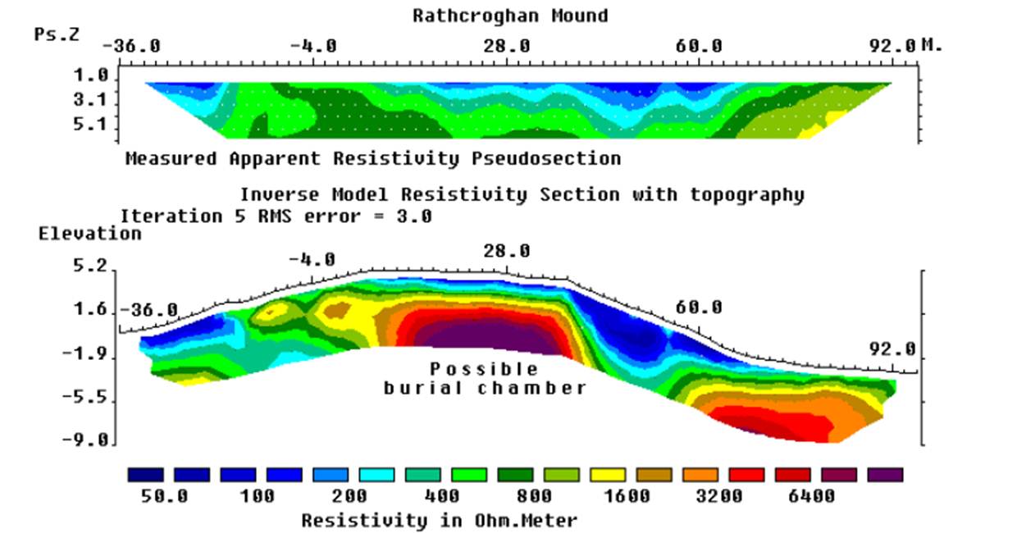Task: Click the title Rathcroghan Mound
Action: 510,16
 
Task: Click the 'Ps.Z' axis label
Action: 57,34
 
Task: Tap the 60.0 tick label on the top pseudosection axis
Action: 699,46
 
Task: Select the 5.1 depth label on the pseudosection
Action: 91,124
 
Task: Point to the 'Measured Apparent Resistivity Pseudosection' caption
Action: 373,158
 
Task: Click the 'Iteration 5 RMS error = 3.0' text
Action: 276,216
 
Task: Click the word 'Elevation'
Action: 90,234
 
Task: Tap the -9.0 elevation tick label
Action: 85,440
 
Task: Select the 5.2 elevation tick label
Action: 91,266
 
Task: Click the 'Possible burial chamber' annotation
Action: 485,379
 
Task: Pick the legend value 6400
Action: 811,496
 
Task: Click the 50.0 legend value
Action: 164,496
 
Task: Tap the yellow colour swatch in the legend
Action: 608,475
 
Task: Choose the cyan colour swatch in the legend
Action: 376,475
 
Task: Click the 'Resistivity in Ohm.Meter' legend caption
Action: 440,520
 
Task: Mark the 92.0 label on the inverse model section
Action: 892,349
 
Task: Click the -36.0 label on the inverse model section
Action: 149,310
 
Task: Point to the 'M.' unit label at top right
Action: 932,45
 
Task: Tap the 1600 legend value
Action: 627,496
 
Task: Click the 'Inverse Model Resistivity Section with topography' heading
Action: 522,195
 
